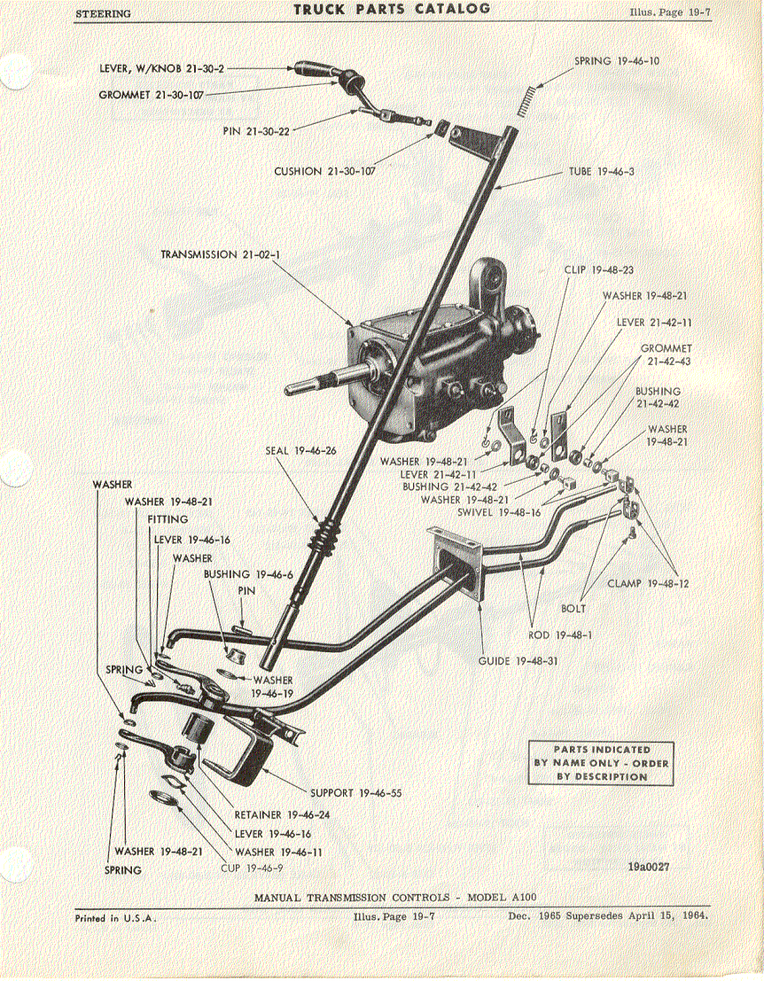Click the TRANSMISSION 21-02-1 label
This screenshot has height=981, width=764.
tap(216, 254)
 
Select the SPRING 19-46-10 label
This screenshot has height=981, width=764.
tap(616, 61)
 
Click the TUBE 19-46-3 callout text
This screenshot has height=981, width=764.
tap(601, 171)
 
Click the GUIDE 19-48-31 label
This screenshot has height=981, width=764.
tap(518, 661)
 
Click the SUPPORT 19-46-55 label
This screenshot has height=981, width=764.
tap(356, 793)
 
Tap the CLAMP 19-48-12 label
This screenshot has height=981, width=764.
tap(648, 583)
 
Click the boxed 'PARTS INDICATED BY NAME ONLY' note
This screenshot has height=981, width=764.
tap(601, 763)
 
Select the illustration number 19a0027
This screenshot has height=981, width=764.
tap(648, 868)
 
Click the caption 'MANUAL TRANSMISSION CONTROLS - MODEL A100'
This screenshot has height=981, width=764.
tap(394, 897)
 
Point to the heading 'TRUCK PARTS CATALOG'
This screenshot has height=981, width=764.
tap(393, 9)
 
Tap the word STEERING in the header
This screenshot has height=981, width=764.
tap(103, 13)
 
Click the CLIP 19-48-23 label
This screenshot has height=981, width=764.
tap(599, 269)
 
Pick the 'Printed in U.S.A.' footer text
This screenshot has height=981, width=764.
tap(115, 918)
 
